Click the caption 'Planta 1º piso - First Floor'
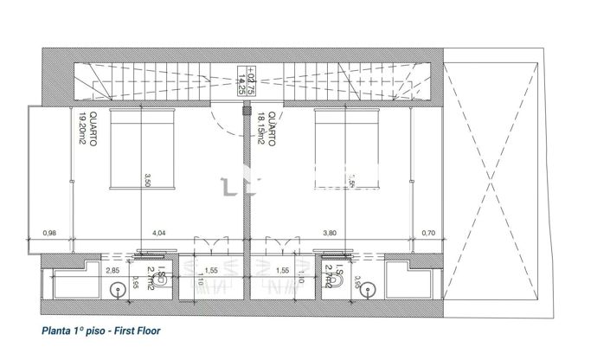click(x=101, y=331)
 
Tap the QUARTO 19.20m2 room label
click(x=84, y=132)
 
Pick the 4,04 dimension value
click(x=159, y=233)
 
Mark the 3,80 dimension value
click(x=330, y=233)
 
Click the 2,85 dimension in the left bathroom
click(x=112, y=271)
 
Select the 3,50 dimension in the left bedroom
click(x=147, y=181)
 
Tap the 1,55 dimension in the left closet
click(x=210, y=271)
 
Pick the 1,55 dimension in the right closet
click(x=281, y=271)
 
